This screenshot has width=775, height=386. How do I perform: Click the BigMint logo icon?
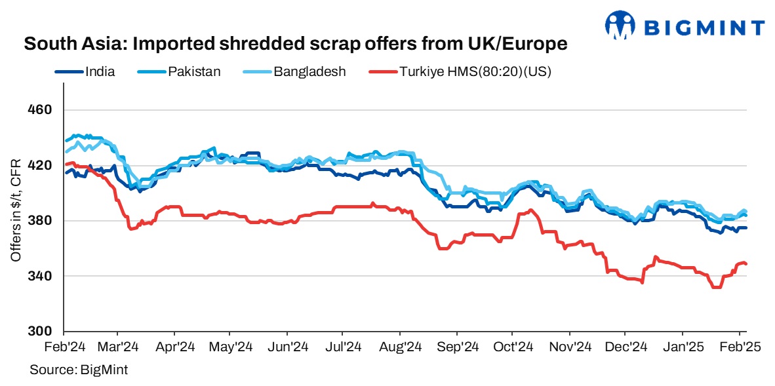pyautogui.click(x=621, y=26)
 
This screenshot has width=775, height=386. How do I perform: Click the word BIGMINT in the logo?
pyautogui.click(x=704, y=28)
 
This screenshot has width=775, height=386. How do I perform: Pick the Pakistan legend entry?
pyautogui.click(x=194, y=71)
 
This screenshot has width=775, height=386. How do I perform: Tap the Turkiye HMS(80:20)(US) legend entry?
pyautogui.click(x=475, y=71)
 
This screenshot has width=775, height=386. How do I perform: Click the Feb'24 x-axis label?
pyautogui.click(x=64, y=346)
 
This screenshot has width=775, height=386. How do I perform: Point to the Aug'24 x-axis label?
pyautogui.click(x=401, y=346)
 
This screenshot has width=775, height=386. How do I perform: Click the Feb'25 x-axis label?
pyautogui.click(x=740, y=346)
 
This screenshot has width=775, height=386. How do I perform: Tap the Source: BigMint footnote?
pyautogui.click(x=78, y=370)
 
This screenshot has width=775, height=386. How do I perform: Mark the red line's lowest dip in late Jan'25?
pyautogui.click(x=716, y=287)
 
